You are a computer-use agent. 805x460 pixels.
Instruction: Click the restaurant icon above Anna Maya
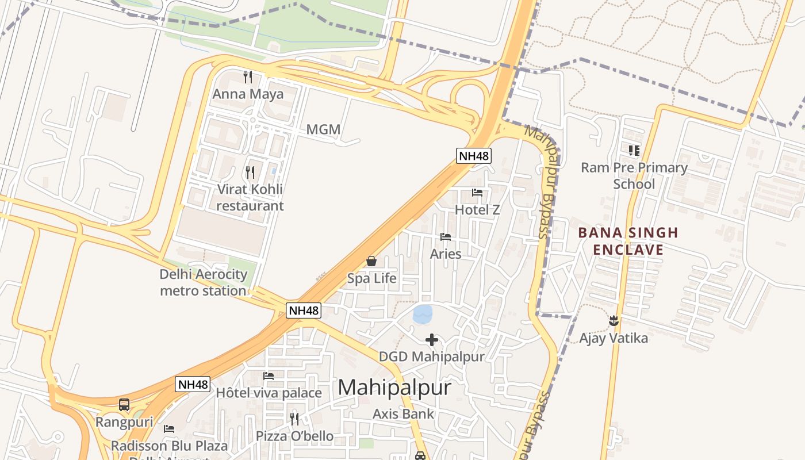click(x=248, y=76)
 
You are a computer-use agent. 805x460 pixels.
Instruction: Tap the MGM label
click(x=323, y=130)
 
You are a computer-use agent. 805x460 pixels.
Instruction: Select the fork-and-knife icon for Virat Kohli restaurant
click(x=250, y=172)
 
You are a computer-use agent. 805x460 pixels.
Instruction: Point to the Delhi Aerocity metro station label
click(x=204, y=282)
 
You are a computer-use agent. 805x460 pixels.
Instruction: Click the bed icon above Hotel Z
click(x=477, y=193)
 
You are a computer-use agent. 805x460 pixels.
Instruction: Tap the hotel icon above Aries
click(x=446, y=236)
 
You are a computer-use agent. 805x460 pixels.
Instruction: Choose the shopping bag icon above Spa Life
click(x=371, y=262)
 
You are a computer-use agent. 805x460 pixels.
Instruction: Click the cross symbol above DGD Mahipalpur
click(x=432, y=340)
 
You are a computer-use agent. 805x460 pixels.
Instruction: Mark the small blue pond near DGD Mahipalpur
click(x=423, y=314)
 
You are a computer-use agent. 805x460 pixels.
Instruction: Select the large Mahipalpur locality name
click(x=394, y=388)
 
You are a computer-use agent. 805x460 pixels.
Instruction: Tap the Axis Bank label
click(x=403, y=413)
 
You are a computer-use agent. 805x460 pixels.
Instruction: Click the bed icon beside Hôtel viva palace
click(x=269, y=376)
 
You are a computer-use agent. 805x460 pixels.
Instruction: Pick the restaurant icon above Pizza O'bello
click(x=294, y=419)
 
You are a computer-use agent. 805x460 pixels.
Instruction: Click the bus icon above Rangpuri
click(x=124, y=405)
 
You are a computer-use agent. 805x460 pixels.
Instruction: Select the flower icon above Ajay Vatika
click(x=614, y=320)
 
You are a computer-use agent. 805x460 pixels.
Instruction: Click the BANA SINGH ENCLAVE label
click(x=628, y=241)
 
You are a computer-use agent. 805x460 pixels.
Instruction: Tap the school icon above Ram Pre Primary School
click(x=634, y=151)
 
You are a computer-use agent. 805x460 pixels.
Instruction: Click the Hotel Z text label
click(x=477, y=210)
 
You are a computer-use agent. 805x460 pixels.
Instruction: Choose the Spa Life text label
click(x=371, y=279)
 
